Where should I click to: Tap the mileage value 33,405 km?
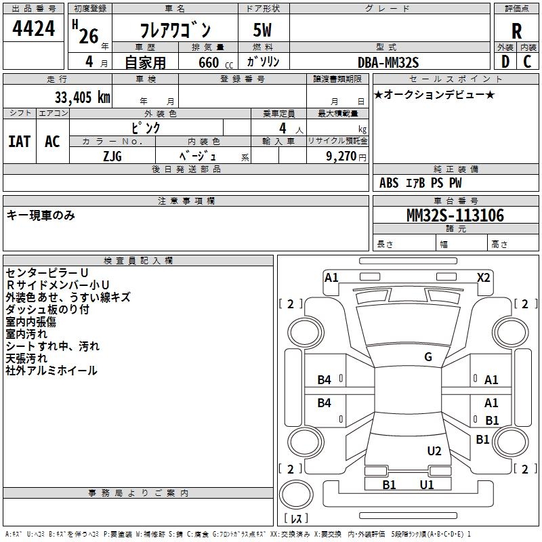79,98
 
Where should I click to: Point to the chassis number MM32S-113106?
455,215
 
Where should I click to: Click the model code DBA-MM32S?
388,62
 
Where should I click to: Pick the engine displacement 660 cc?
208,62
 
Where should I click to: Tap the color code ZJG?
112,155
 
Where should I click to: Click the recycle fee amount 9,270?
341,156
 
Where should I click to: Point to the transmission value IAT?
19,142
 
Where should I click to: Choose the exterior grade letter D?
505,62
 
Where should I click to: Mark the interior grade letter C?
527,62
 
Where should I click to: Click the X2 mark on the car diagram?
483,278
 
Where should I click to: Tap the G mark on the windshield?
428,357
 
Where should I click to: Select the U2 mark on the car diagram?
434,451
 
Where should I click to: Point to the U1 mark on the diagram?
426,484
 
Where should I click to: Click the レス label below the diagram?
298,519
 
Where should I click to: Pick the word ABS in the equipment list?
389,183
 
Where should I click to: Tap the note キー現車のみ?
41,215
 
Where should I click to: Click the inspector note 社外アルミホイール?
51,371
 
